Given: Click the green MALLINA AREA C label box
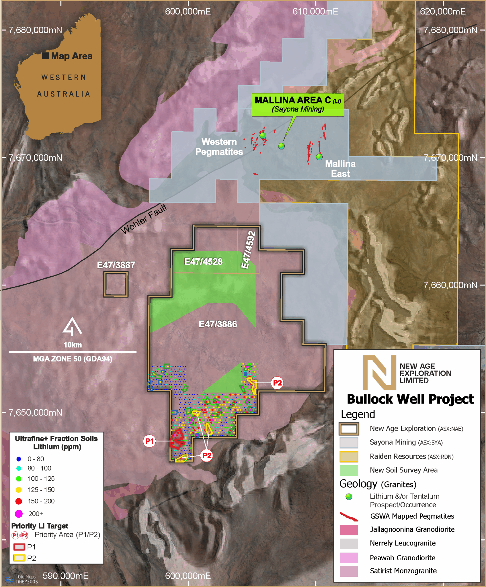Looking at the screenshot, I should (x=298, y=105).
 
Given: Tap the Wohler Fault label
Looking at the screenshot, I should (x=144, y=219).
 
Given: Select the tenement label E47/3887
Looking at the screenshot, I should (x=116, y=265).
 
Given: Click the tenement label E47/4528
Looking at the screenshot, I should (x=203, y=262).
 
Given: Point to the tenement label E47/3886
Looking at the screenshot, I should (x=218, y=324).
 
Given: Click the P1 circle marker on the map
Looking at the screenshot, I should (x=149, y=441).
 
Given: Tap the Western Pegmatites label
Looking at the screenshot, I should (x=219, y=147).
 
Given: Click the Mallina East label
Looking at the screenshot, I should (x=340, y=169).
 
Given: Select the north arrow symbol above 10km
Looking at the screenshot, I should (x=72, y=327).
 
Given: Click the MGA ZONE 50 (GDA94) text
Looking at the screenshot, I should (x=73, y=359).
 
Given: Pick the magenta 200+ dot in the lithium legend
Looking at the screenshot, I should (x=19, y=514).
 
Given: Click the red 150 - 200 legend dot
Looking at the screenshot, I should (x=19, y=501).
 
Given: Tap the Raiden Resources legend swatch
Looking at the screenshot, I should (x=349, y=457).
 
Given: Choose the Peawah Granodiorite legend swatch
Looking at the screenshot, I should (x=349, y=558).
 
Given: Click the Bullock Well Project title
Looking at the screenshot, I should (x=410, y=399).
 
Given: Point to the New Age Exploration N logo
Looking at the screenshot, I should (x=379, y=373).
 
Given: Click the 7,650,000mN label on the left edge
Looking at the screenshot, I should (x=35, y=412).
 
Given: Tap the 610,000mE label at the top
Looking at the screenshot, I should (x=315, y=11).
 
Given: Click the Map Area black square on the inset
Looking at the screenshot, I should (x=45, y=56).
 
